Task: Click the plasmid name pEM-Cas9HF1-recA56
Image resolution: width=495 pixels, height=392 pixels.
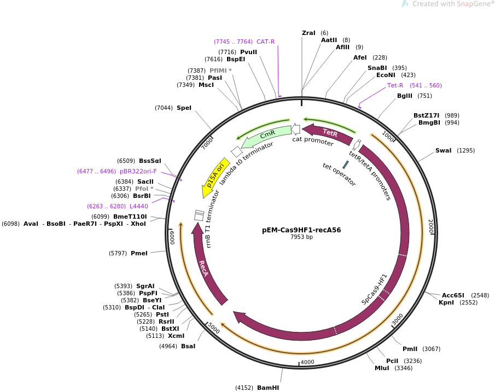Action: click(x=301, y=230)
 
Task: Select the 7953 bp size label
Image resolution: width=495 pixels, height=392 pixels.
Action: click(x=301, y=237)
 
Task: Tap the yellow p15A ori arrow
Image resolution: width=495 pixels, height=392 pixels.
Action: click(x=215, y=174)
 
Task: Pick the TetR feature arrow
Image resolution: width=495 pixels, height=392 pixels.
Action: click(x=328, y=133)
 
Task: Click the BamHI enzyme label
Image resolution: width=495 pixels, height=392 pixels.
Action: click(x=268, y=388)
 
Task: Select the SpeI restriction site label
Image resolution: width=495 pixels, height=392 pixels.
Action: click(x=184, y=108)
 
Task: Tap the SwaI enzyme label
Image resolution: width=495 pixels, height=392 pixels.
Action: click(x=443, y=150)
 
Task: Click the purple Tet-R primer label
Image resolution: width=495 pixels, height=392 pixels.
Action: click(x=395, y=85)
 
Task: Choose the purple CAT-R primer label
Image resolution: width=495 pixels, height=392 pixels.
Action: click(x=265, y=42)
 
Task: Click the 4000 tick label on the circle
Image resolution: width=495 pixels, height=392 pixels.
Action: click(x=307, y=362)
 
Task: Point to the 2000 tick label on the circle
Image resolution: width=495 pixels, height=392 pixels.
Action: click(x=430, y=226)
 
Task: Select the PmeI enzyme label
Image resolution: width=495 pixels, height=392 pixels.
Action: click(x=139, y=253)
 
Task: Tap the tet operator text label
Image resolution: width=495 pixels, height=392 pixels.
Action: click(x=339, y=174)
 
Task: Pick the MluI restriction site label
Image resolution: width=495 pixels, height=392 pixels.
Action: click(x=382, y=368)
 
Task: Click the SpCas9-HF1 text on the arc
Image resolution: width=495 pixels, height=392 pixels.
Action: click(x=374, y=289)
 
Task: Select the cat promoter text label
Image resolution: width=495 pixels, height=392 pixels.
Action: click(x=312, y=142)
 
